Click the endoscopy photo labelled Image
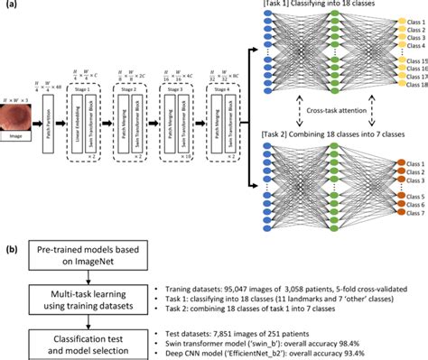(x=24, y=120)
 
